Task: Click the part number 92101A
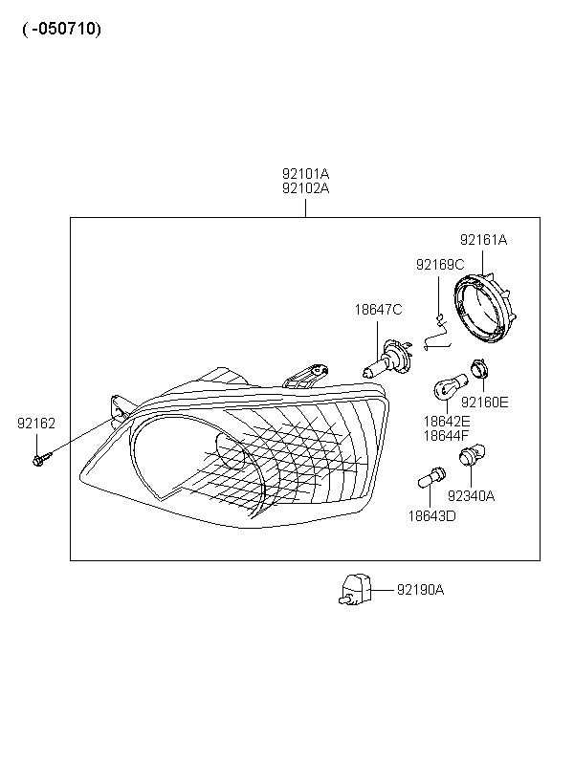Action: coord(305,173)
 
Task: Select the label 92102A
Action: coord(305,188)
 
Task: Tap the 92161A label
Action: coord(483,240)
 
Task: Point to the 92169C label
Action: coord(440,265)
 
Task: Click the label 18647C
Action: coord(378,310)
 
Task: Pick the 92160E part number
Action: coord(484,402)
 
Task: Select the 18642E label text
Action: coord(447,422)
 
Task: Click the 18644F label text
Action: coord(447,436)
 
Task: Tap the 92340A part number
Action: coord(471,496)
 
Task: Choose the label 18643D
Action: coord(431,516)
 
